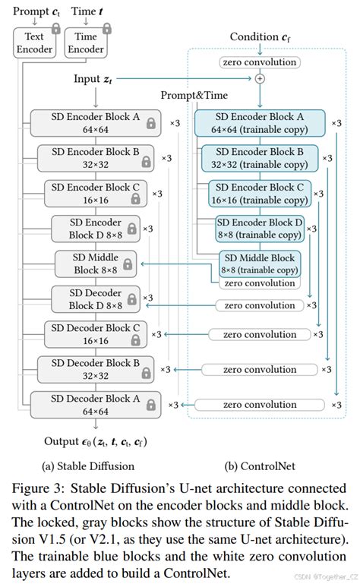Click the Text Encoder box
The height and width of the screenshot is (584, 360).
pyautogui.click(x=35, y=42)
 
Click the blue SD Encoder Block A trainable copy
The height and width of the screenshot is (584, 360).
pyautogui.click(x=259, y=122)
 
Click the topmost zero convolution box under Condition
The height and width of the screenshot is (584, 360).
pyautogui.click(x=259, y=62)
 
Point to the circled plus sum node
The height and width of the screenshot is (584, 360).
pyautogui.click(x=260, y=78)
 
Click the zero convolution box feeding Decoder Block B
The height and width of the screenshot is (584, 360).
pyautogui.click(x=259, y=369)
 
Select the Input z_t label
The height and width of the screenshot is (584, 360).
pyautogui.click(x=94, y=79)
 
